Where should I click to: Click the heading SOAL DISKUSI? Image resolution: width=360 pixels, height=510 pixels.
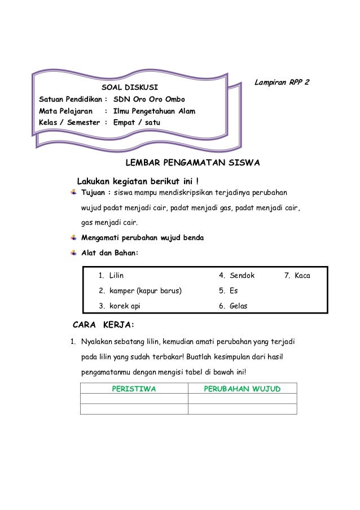coord(129,88)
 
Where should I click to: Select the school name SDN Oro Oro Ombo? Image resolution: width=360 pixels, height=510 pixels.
coord(149,99)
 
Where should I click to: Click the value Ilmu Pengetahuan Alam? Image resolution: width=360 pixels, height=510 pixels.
coord(154,111)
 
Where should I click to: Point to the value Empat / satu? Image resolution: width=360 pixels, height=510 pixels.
coord(137,122)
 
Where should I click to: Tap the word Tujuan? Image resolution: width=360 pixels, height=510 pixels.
coord(94,194)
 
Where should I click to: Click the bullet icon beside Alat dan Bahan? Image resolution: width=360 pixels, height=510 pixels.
coord(74,252)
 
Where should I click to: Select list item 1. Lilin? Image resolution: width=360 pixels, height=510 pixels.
coord(111,276)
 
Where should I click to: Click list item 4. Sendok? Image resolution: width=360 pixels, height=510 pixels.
coord(237,276)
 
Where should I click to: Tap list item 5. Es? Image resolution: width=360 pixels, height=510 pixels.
coord(229,291)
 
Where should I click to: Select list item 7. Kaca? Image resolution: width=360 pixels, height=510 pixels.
coord(297,276)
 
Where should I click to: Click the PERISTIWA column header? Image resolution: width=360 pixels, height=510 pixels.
coord(134,389)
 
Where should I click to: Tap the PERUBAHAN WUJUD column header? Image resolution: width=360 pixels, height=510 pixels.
coord(242,389)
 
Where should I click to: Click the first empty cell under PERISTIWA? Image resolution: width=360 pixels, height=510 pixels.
coord(134,399)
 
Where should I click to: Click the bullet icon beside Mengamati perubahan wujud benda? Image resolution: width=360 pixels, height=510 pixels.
coord(74,238)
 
